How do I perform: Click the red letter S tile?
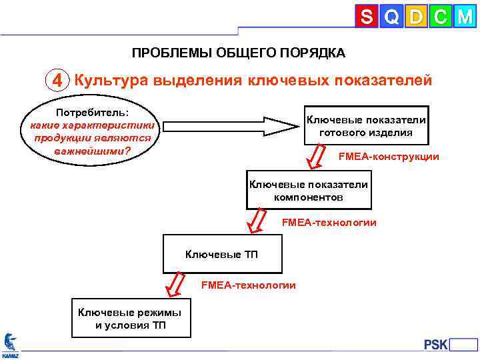click(x=366, y=16)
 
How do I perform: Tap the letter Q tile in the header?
click(x=391, y=16)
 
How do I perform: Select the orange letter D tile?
click(x=415, y=16)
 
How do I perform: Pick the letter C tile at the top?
click(x=439, y=16)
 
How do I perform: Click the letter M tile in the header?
click(x=464, y=16)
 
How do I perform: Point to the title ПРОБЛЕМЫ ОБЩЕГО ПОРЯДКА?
click(x=238, y=53)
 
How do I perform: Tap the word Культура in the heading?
click(x=111, y=81)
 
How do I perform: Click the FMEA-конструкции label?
click(x=388, y=157)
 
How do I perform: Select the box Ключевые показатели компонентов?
click(x=308, y=191)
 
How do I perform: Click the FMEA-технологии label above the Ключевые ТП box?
click(x=329, y=222)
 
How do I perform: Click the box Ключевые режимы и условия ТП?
click(x=131, y=319)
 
